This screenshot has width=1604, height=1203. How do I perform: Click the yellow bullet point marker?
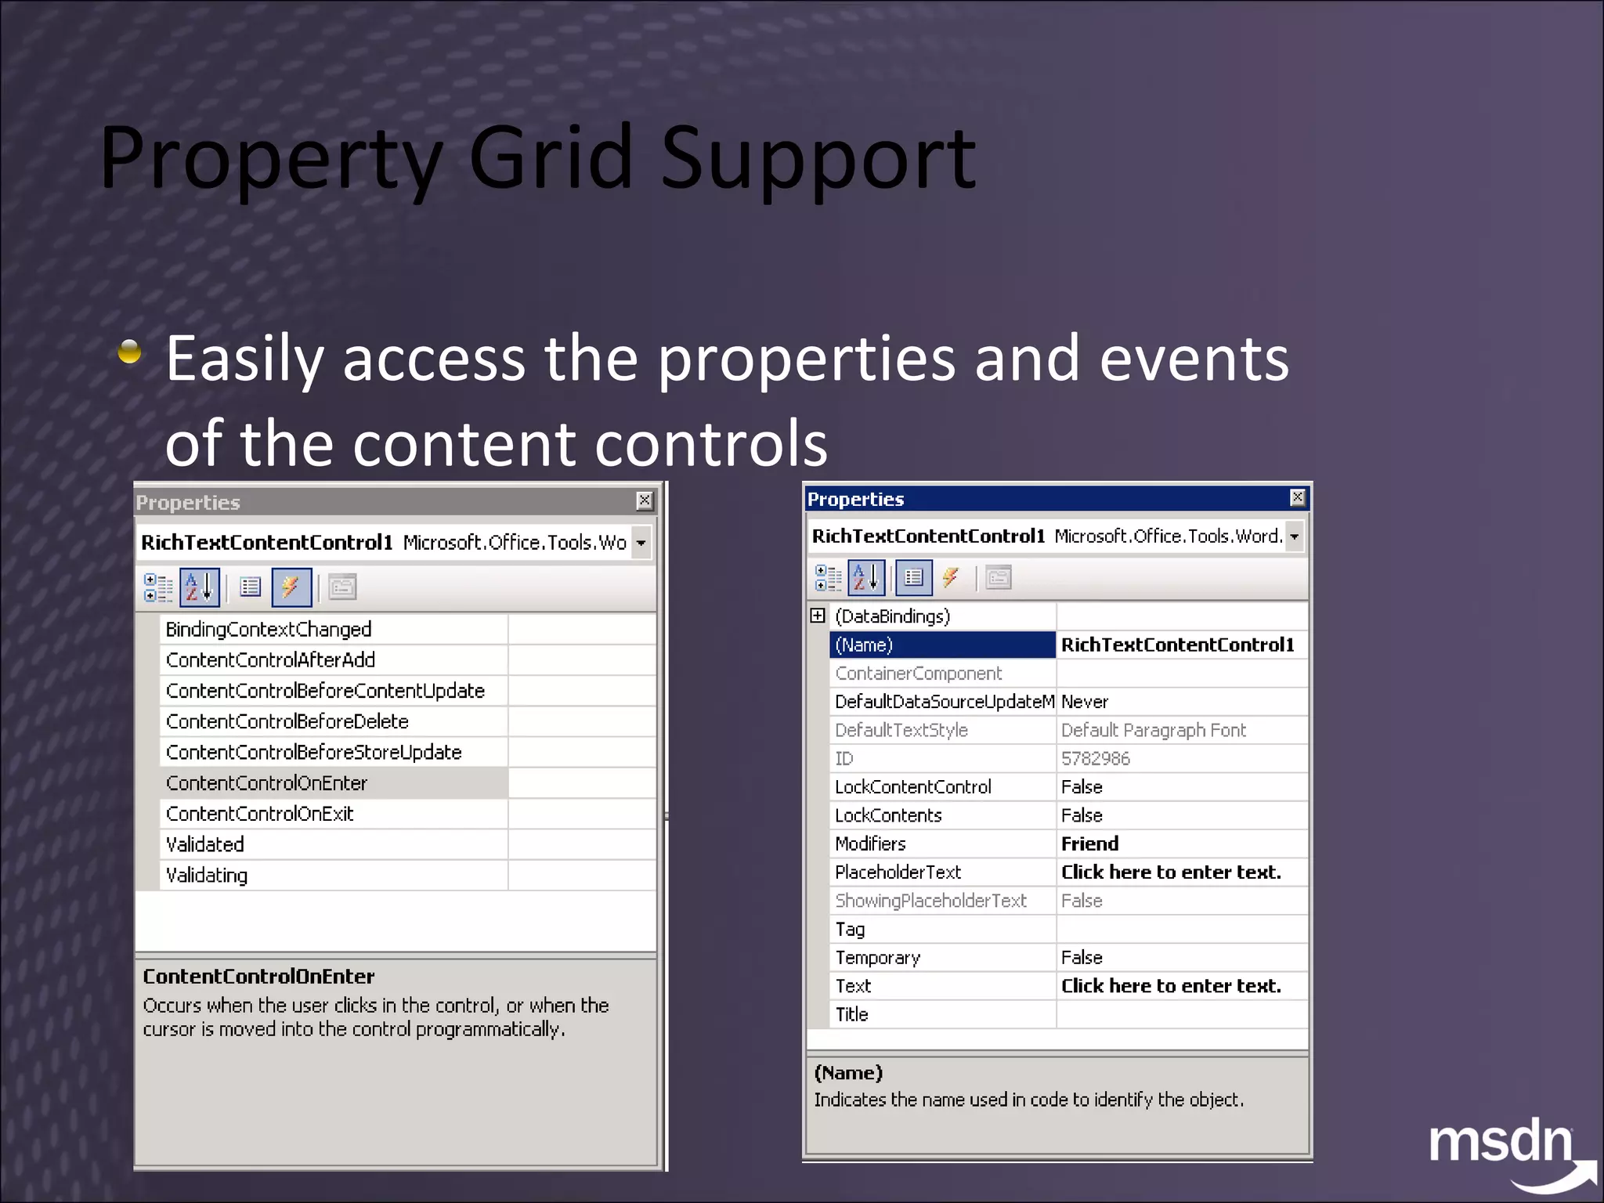tap(130, 352)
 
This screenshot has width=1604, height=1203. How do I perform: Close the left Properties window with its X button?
tap(644, 500)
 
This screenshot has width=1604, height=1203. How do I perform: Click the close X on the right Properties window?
tap(1297, 497)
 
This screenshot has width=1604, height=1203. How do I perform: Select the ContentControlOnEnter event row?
tap(266, 783)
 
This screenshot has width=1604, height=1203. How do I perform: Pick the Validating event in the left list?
tap(207, 875)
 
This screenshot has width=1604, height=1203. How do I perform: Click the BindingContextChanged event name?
tap(269, 629)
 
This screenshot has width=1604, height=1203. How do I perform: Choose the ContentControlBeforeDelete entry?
tap(287, 721)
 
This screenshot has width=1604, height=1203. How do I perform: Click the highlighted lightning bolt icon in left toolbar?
tap(291, 587)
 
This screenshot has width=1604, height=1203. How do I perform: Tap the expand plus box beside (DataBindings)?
tap(818, 616)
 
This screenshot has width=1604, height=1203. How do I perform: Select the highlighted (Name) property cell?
tap(941, 645)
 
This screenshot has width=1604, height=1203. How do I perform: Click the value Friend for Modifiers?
tap(1089, 844)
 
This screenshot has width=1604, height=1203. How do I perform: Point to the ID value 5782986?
tap(1095, 758)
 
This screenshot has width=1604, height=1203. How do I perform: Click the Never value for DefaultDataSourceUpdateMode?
tap(1085, 702)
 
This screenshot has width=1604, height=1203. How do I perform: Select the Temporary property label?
tap(877, 957)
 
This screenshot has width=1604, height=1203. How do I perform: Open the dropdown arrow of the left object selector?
tap(641, 543)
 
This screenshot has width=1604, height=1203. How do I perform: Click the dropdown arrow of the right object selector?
tap(1295, 536)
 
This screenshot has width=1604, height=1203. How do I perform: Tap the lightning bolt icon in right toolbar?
tap(951, 578)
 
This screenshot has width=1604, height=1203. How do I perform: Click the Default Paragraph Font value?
tap(1153, 730)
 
